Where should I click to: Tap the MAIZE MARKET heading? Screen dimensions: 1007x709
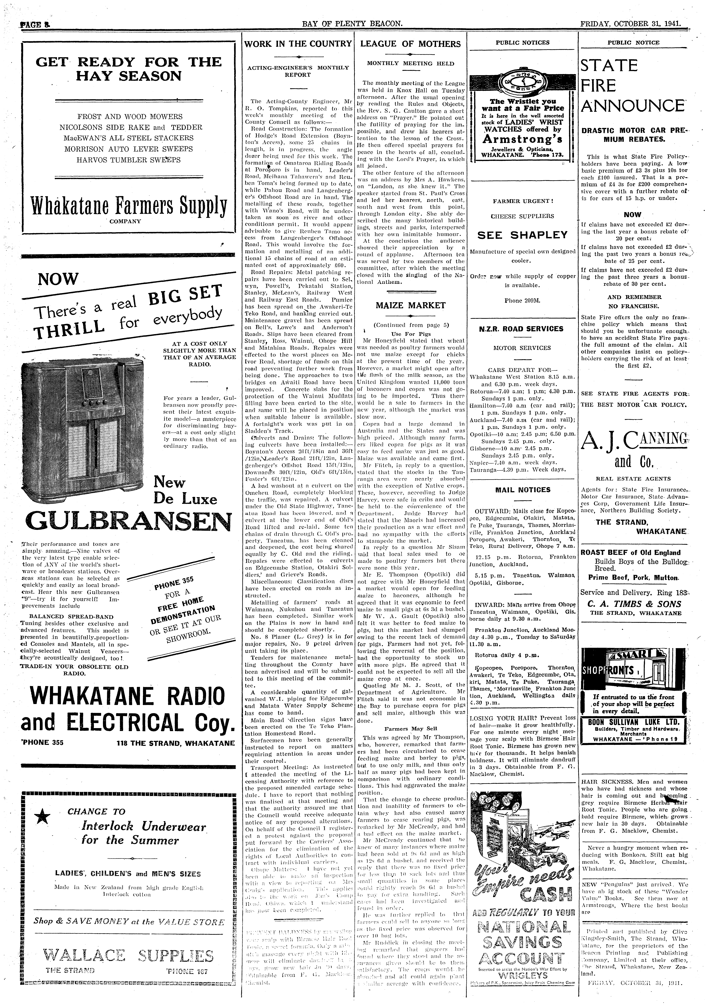pos(410,305)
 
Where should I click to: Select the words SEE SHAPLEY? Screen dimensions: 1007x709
pos(522,235)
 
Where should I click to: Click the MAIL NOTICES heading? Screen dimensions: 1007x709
pos(522,490)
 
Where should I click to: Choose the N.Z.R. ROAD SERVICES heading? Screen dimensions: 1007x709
pos(522,329)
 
